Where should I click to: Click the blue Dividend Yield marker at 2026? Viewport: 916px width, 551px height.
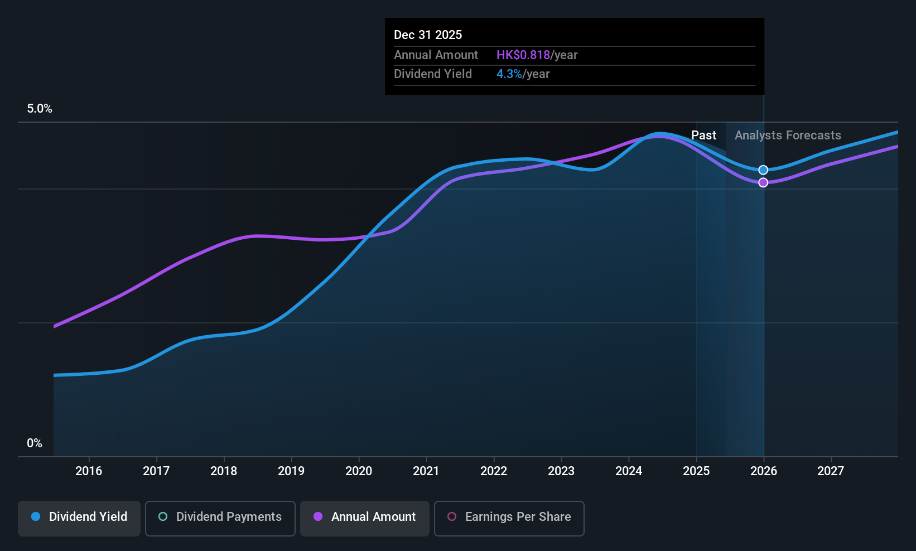[x=763, y=170]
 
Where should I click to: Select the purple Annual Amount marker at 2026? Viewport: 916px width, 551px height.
[x=763, y=182]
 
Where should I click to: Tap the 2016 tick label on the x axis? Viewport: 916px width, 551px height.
[x=89, y=471]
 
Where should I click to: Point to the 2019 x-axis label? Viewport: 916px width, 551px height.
[x=291, y=471]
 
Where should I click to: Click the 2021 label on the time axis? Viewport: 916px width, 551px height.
[x=426, y=471]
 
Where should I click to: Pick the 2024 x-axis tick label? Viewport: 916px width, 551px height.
[x=629, y=471]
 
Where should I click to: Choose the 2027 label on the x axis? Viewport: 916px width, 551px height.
[x=831, y=471]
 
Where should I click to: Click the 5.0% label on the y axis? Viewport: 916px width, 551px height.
[x=40, y=109]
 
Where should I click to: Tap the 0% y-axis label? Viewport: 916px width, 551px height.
[x=35, y=443]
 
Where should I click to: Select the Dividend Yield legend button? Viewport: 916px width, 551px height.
[x=79, y=518]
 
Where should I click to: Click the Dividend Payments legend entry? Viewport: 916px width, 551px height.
[x=220, y=518]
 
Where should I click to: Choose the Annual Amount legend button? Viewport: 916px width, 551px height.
[x=365, y=518]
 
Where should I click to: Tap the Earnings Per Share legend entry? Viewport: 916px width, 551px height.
[x=509, y=518]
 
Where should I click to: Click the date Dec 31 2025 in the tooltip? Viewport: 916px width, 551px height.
[x=428, y=35]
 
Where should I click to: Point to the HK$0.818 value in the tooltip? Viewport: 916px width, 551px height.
[x=523, y=55]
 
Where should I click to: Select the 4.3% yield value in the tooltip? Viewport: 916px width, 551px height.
[x=509, y=74]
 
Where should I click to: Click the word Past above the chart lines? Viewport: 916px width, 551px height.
[x=704, y=136]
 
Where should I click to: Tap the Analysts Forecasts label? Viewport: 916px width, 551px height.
[x=788, y=136]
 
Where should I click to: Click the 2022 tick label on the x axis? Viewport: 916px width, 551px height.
[x=494, y=471]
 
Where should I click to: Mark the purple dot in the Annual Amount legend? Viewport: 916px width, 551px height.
[x=318, y=516]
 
